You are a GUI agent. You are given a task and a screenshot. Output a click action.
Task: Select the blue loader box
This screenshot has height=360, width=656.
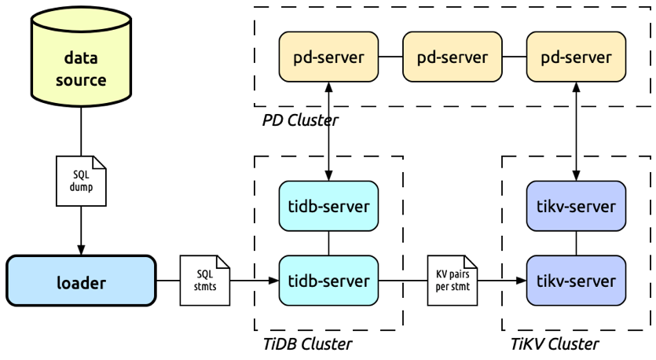(81, 280)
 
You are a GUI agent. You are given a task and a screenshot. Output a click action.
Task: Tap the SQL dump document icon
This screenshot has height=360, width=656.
(80, 175)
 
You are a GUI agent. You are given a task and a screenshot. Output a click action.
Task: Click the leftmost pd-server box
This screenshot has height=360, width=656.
(329, 57)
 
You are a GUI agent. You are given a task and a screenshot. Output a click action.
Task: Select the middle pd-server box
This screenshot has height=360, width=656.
(452, 57)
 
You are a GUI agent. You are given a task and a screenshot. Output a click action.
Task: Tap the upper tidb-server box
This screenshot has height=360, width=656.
(329, 206)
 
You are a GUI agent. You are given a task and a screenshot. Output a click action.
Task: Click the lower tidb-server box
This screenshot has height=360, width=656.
(329, 280)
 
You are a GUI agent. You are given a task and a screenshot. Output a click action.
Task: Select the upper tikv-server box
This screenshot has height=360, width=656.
(576, 206)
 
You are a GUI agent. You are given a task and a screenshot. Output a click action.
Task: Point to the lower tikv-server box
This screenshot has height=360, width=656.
(576, 280)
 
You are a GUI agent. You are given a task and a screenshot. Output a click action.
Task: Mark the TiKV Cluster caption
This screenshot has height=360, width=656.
(554, 343)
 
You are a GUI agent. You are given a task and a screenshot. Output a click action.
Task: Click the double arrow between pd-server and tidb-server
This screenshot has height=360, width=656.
(329, 131)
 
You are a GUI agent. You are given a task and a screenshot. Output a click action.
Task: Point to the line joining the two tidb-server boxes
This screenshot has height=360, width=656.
(329, 243)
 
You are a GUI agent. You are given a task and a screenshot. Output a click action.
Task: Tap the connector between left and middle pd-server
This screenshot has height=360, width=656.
(390, 57)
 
